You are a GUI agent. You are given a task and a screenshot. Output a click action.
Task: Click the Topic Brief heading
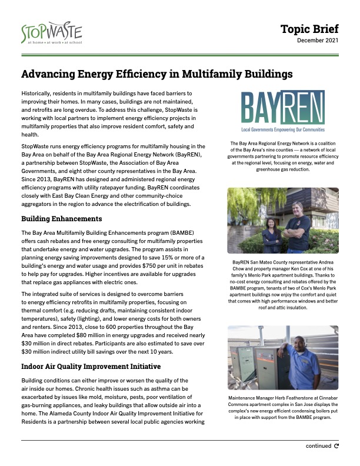309,29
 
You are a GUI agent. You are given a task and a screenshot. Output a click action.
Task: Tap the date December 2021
318,41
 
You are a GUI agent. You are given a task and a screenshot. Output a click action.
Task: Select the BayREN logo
283,112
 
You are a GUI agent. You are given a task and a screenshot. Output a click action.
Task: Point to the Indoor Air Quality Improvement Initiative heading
91,366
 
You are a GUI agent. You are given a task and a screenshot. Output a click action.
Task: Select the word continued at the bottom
318,446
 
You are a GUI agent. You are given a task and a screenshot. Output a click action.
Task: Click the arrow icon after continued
336,446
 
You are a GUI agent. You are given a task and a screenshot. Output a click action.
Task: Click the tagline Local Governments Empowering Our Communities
283,129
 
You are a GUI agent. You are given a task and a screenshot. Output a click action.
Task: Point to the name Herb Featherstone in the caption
292,398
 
